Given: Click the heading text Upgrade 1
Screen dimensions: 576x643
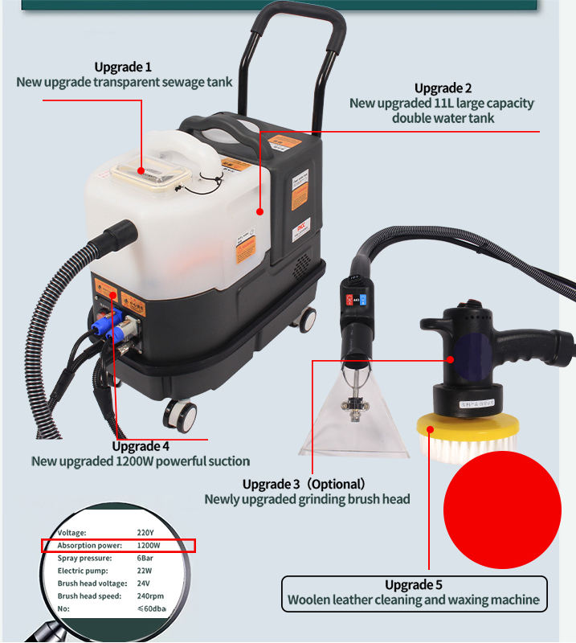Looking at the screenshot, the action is (123, 67).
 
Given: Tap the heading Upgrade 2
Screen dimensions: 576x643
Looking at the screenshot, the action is (443, 88).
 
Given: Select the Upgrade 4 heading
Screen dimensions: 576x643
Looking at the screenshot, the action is (141, 446).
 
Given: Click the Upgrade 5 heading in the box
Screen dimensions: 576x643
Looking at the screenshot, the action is (414, 585).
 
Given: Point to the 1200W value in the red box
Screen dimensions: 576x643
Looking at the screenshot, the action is (149, 546).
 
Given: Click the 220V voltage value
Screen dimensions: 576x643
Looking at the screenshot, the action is (145, 533).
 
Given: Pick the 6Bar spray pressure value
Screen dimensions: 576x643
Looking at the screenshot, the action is (145, 558).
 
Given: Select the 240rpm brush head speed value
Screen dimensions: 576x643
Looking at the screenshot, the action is (150, 596).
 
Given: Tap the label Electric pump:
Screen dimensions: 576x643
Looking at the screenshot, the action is (83, 571).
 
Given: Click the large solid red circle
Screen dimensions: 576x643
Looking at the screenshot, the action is (502, 510).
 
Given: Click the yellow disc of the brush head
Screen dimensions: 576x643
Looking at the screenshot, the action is (468, 427).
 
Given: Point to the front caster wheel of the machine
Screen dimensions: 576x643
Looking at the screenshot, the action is (181, 415).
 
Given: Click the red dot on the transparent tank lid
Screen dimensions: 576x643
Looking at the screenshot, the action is (141, 170).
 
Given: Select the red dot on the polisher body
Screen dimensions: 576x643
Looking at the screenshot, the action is (451, 359).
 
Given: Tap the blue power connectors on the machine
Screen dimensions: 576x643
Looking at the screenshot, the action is (107, 324).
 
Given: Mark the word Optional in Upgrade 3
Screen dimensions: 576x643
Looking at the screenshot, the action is (335, 485).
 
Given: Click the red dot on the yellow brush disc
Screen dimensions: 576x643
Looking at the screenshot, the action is (430, 429).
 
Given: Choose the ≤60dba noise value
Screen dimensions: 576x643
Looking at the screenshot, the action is (152, 608).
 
